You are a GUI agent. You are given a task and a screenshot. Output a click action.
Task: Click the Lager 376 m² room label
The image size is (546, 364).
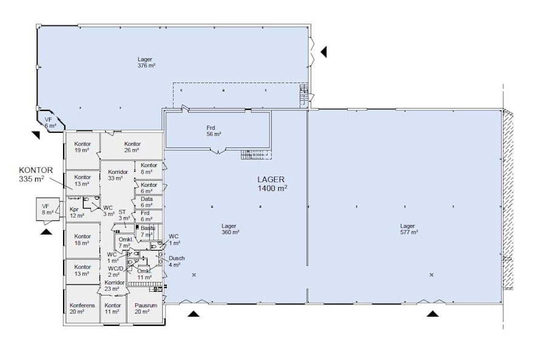tap(145, 62)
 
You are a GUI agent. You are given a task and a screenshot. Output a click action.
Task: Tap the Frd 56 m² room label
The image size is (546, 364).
tap(213, 130)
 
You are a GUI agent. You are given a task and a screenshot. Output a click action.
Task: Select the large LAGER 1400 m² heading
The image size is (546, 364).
tap(272, 184)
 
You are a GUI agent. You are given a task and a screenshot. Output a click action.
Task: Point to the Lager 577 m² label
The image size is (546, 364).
tap(408, 229)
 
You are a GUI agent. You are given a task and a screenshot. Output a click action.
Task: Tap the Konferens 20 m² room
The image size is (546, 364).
tap(82, 308)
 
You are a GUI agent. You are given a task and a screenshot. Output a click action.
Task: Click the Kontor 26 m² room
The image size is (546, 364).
tap(132, 147)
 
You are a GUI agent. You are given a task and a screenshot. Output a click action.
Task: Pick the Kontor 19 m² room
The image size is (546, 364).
tap(83, 147)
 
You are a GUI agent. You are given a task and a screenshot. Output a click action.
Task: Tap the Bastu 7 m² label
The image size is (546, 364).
tap(147, 231)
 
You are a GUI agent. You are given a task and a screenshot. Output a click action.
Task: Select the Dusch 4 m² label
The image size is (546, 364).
tap(176, 261)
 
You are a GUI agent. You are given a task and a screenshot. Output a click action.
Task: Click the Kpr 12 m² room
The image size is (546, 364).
tap(76, 212)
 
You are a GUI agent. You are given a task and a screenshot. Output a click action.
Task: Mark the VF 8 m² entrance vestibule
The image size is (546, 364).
tap(45, 209)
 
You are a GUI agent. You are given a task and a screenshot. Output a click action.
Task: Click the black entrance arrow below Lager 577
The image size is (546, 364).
tap(433, 313)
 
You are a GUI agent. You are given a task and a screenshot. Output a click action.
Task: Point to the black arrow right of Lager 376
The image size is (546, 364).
tap(324, 52)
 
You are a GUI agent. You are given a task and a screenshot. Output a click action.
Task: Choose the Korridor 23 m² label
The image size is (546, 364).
tap(114, 286)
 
